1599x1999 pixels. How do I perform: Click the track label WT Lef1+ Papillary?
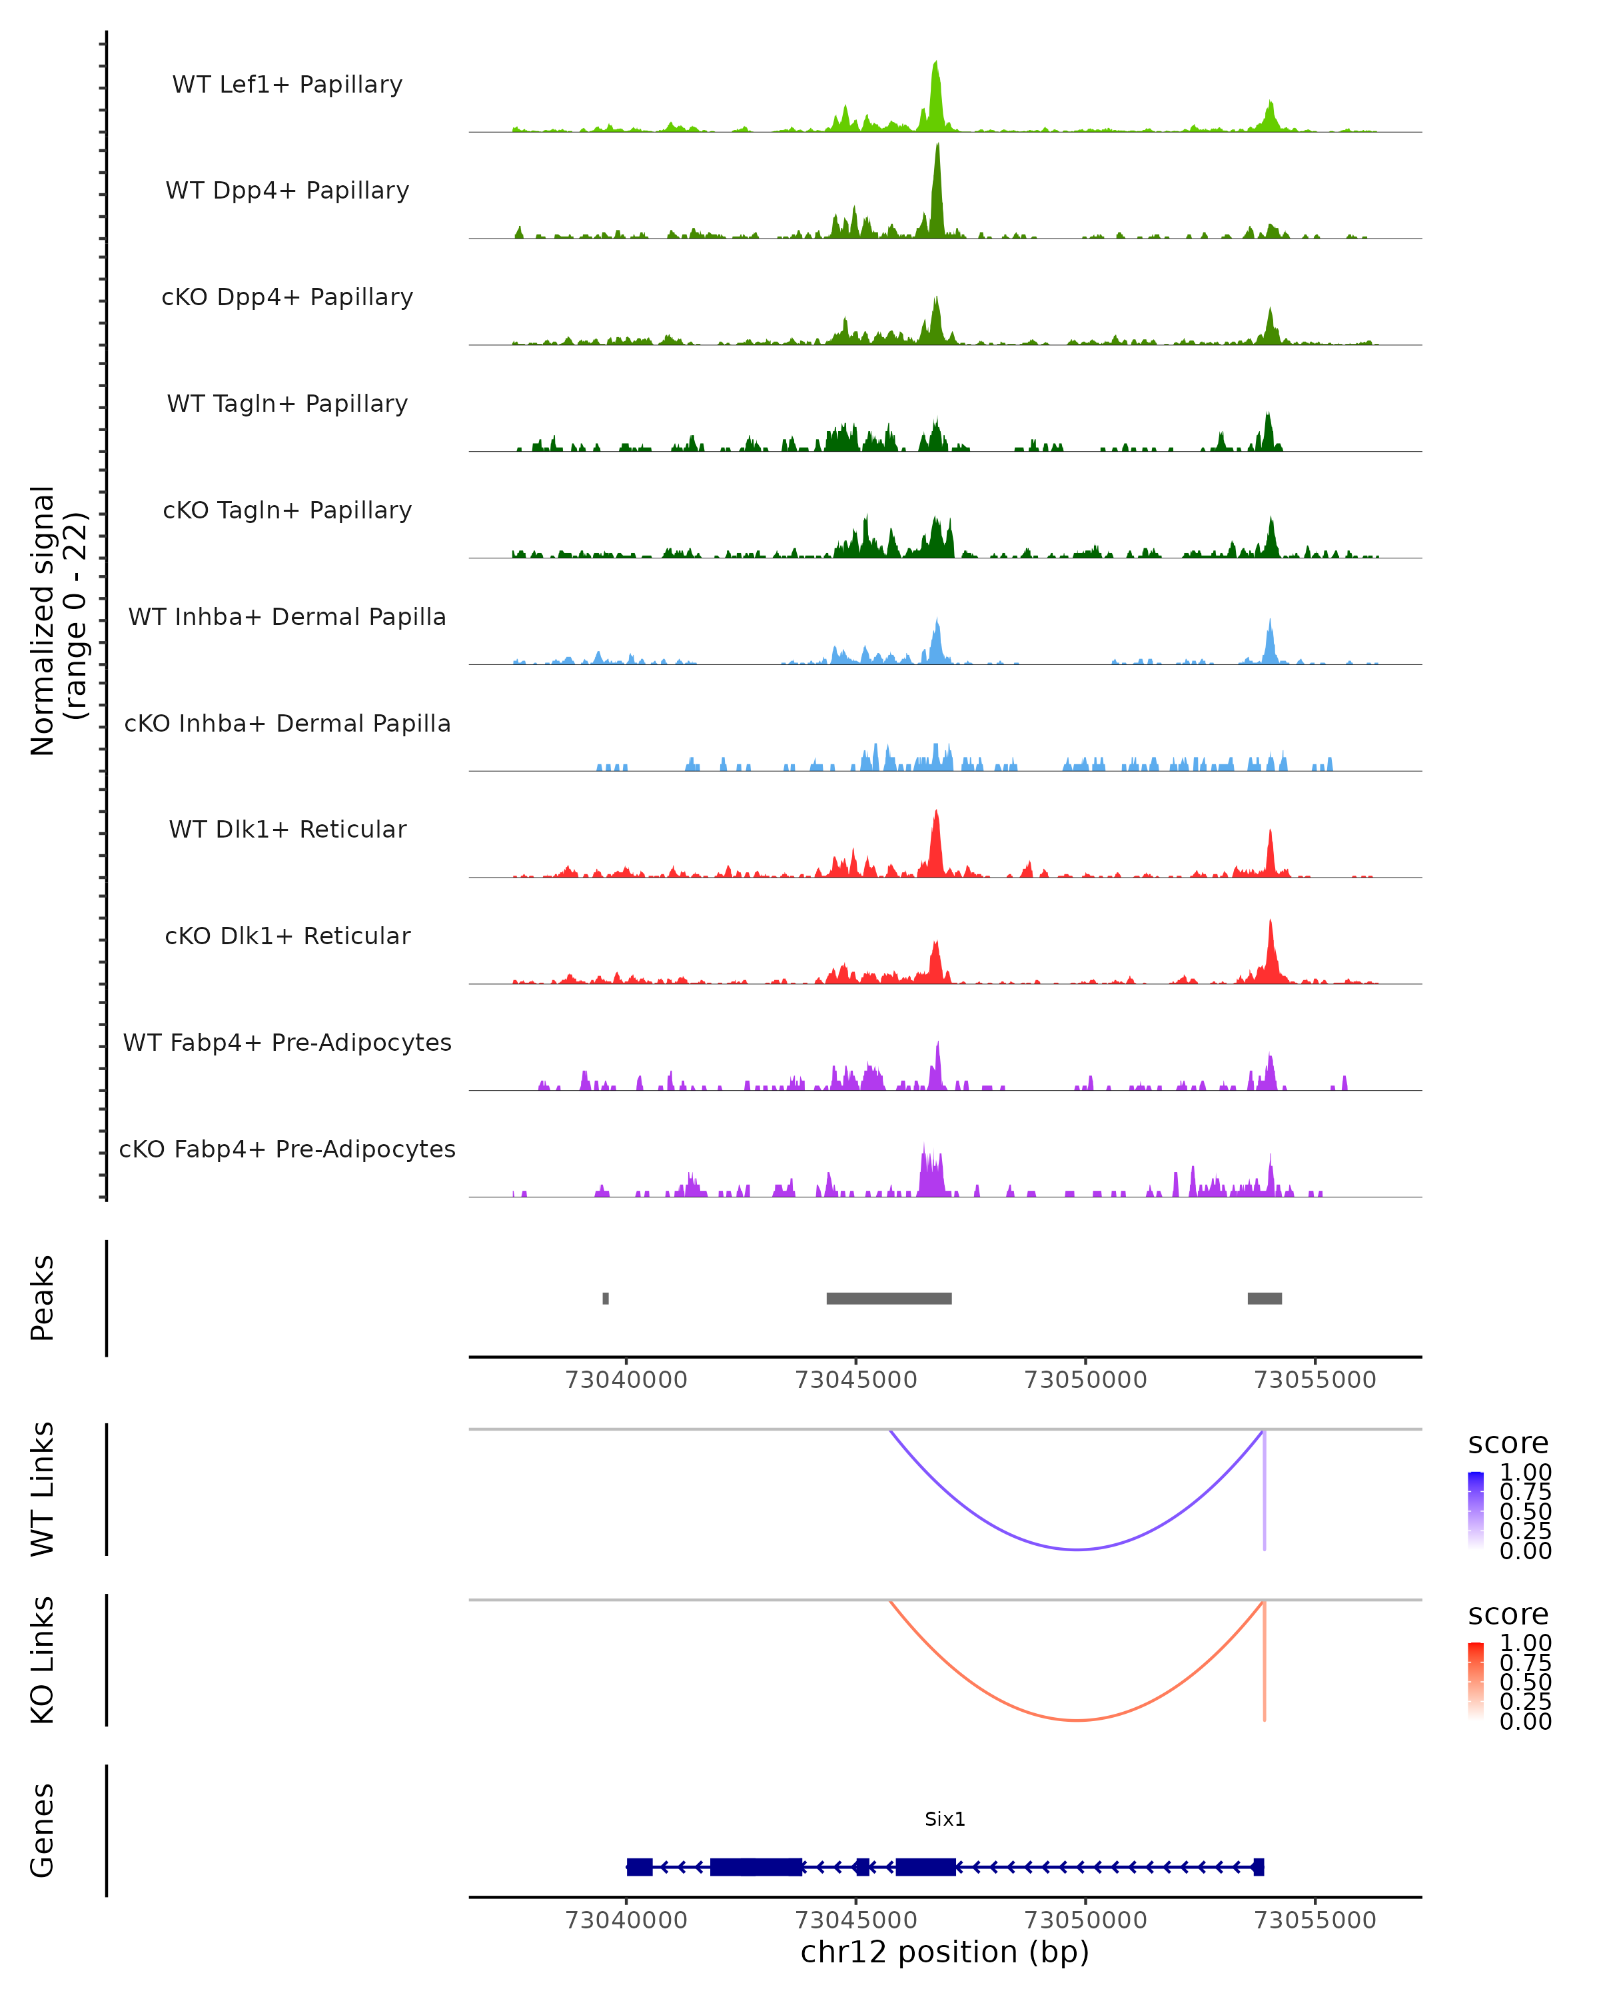click(287, 85)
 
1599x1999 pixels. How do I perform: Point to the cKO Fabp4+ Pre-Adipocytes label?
click(287, 1149)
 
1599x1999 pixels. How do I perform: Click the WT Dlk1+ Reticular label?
click(287, 829)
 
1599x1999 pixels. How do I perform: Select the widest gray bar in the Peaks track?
click(889, 1298)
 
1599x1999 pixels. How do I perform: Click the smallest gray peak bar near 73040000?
click(606, 1298)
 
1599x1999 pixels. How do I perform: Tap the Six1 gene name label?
click(945, 1819)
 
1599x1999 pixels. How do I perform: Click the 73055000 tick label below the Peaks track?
click(1315, 1380)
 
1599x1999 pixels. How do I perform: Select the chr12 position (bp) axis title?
click(945, 1952)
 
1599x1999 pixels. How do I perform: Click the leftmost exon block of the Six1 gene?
click(640, 1866)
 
